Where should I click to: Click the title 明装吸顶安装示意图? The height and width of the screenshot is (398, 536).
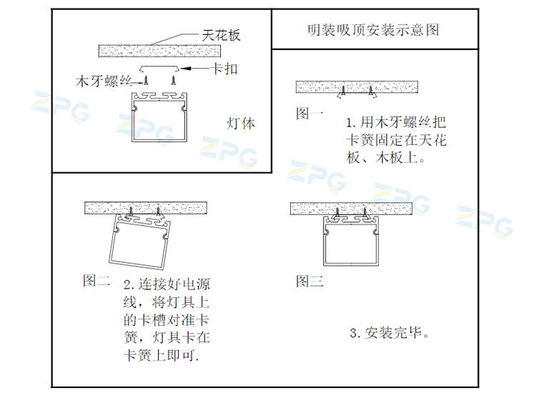pyautogui.click(x=373, y=30)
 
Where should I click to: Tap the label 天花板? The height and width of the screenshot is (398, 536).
pyautogui.click(x=221, y=35)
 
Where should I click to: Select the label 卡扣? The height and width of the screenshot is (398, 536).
pyautogui.click(x=224, y=69)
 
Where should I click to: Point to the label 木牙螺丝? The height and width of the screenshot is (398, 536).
pyautogui.click(x=104, y=81)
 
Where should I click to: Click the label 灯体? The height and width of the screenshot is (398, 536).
pyautogui.click(x=241, y=124)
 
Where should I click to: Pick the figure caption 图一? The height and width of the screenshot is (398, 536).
pyautogui.click(x=309, y=113)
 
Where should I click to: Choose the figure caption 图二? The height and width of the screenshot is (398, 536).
pyautogui.click(x=96, y=280)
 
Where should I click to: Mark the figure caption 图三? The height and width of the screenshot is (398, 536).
pyautogui.click(x=309, y=281)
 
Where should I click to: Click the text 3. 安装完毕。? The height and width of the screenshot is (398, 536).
pyautogui.click(x=389, y=332)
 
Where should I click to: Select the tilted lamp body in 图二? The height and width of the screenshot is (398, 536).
pyautogui.click(x=140, y=240)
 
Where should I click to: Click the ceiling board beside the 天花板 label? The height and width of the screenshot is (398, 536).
pyautogui.click(x=159, y=51)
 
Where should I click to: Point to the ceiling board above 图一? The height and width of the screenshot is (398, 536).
pyautogui.click(x=357, y=86)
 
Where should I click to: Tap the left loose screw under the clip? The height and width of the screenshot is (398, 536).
pyautogui.click(x=147, y=80)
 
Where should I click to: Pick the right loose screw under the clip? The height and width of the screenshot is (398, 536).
pyautogui.click(x=174, y=80)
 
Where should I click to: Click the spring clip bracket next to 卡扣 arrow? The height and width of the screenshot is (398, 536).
pyautogui.click(x=159, y=68)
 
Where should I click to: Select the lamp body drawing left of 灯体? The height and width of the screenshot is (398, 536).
pyautogui.click(x=159, y=117)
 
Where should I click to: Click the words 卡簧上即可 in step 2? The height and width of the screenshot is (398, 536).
pyautogui.click(x=161, y=355)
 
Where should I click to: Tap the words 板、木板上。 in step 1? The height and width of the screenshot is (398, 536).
pyautogui.click(x=386, y=157)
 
